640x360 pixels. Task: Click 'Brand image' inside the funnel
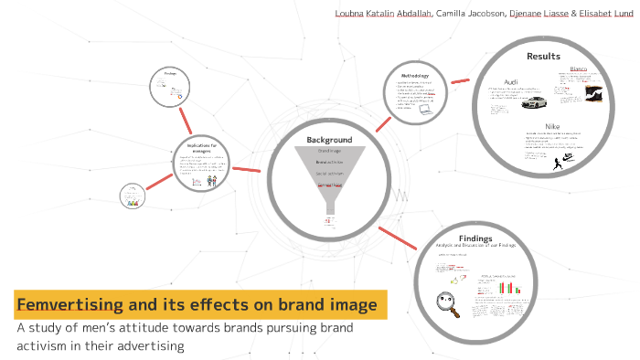(x=329, y=151)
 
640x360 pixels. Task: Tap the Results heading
(x=543, y=57)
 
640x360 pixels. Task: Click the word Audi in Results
(x=511, y=82)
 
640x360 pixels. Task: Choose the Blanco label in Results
(x=579, y=69)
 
